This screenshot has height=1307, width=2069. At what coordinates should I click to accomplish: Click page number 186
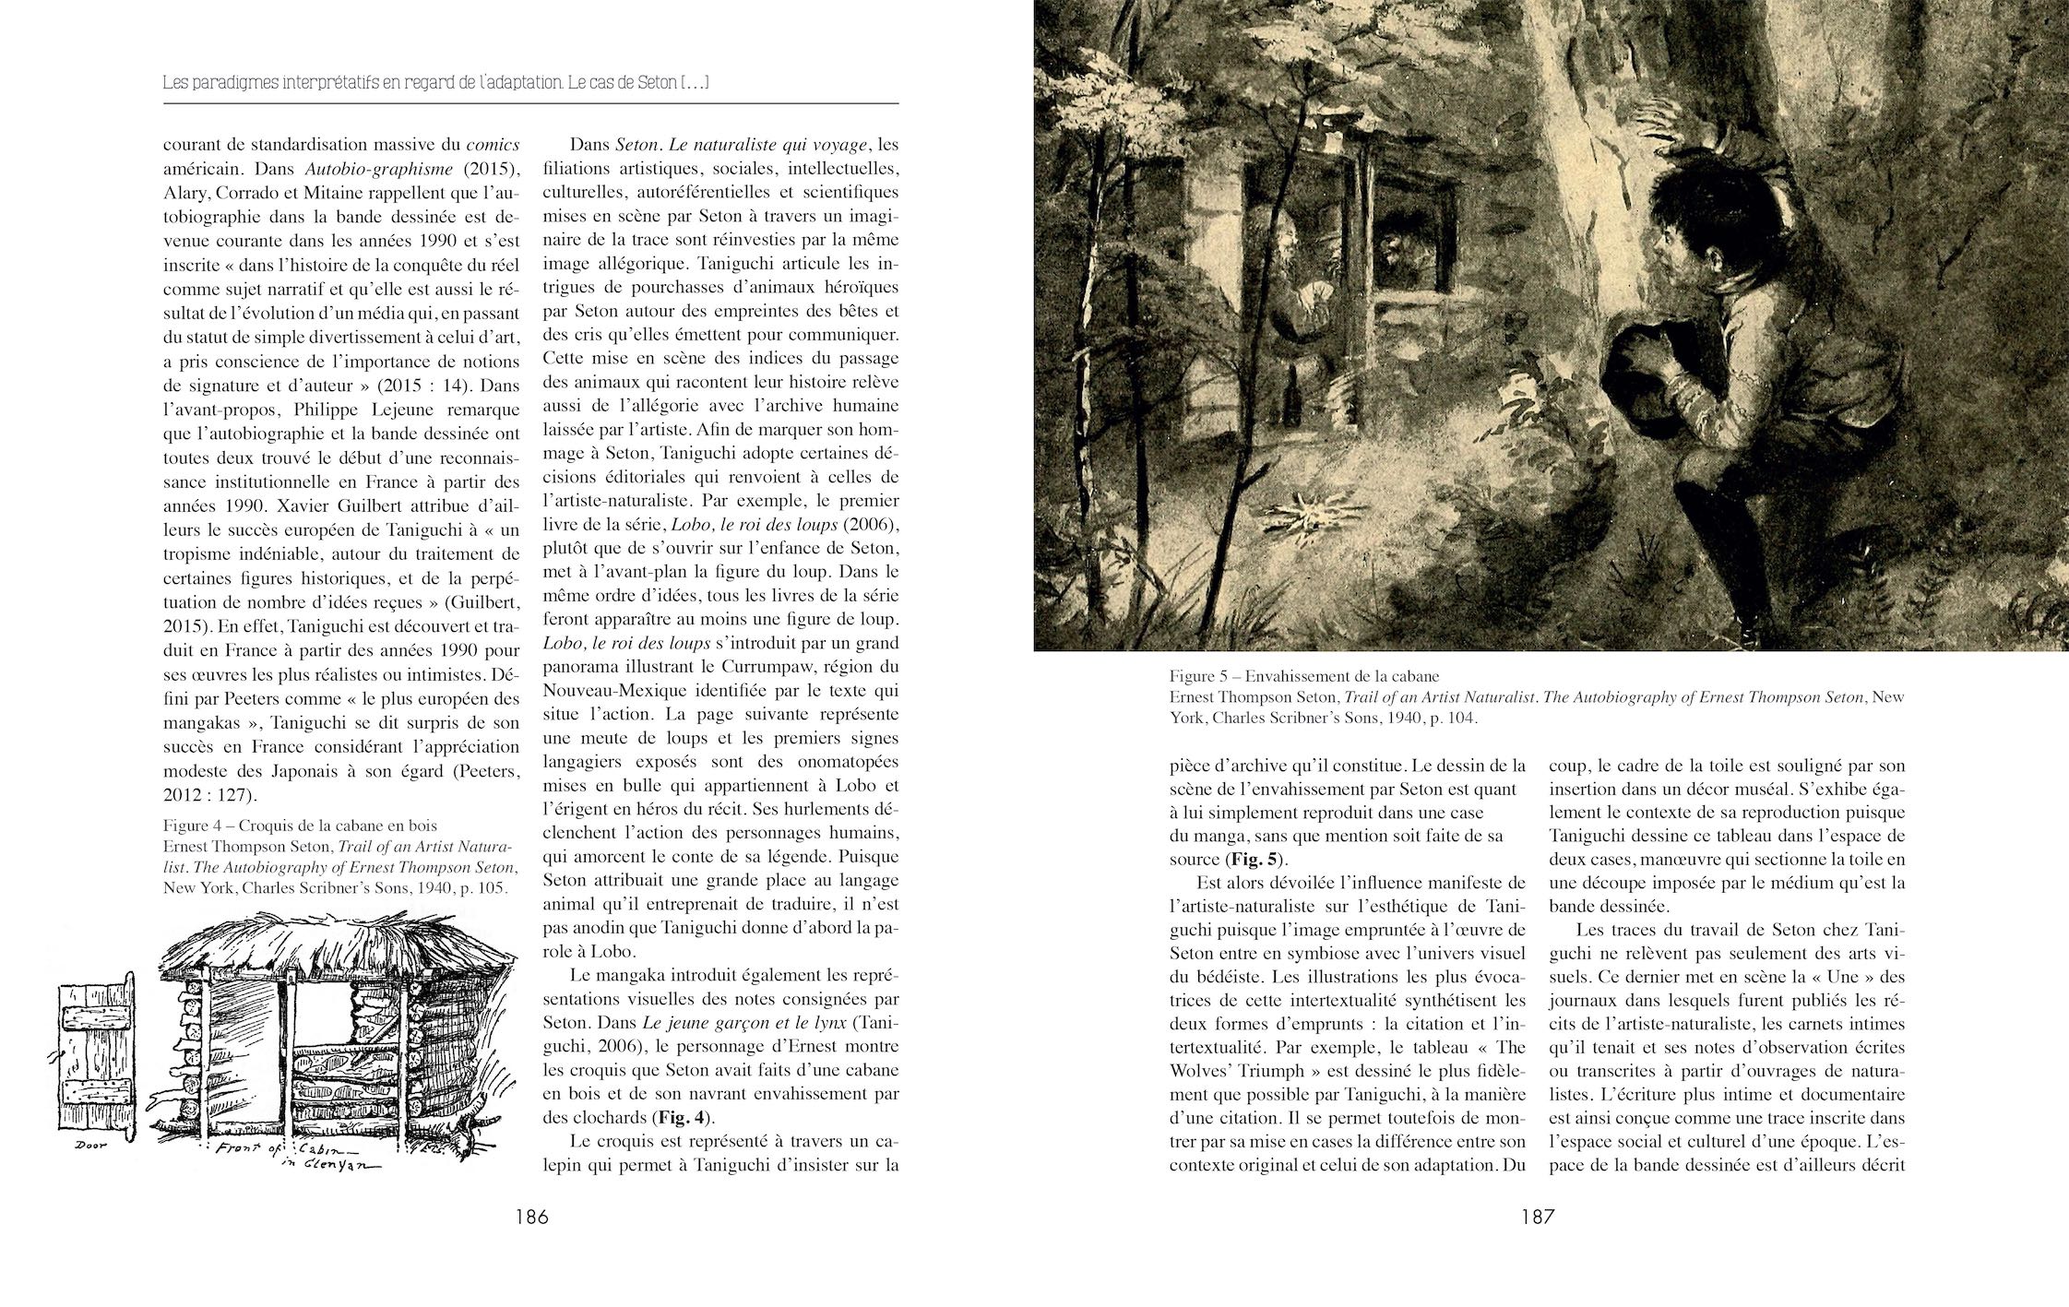[x=532, y=1218]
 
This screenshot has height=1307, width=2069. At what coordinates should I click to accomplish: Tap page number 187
[x=1538, y=1218]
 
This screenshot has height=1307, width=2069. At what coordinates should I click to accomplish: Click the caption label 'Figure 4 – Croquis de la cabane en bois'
[x=300, y=826]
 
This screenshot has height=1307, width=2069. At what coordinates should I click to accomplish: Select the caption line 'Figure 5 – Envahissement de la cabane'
[x=1304, y=675]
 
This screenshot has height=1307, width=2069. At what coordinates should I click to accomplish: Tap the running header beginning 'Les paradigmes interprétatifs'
[x=434, y=82]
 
